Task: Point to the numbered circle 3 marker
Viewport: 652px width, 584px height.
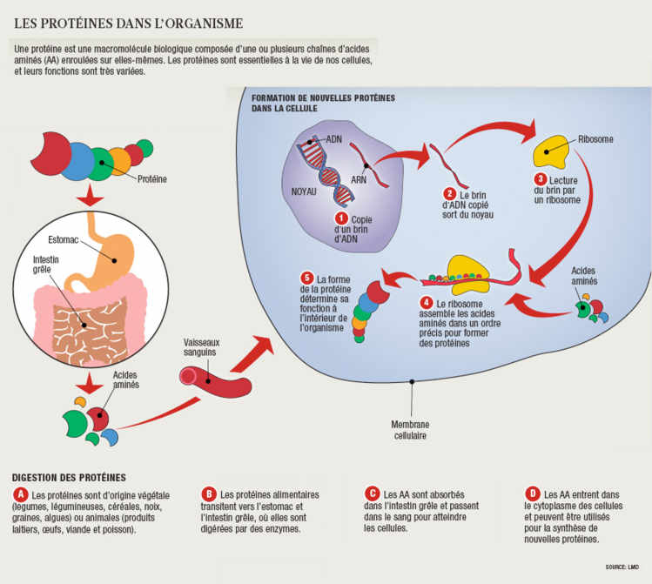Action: click(x=541, y=179)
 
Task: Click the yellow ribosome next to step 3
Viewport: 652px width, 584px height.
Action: click(x=552, y=153)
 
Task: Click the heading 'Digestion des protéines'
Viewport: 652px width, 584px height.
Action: click(x=70, y=477)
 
